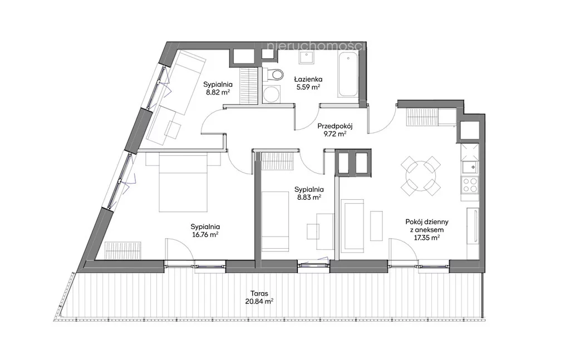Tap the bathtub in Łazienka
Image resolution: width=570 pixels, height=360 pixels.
[348, 74]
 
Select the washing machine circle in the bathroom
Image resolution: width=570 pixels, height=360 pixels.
[271, 95]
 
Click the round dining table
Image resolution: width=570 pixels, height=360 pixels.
[421, 176]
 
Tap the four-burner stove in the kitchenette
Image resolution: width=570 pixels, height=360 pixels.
[470, 185]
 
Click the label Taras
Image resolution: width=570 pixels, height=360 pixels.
[259, 294]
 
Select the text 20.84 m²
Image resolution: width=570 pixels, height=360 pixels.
[259, 302]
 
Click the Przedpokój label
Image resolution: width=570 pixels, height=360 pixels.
[335, 126]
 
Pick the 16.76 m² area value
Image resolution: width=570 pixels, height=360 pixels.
[205, 235]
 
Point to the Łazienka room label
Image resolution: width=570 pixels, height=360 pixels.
[308, 79]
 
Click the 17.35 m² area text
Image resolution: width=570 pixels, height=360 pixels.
[427, 238]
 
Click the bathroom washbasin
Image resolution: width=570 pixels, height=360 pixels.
[307, 57]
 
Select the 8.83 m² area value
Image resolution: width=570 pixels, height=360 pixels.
[309, 198]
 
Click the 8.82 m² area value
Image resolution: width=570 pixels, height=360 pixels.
[218, 92]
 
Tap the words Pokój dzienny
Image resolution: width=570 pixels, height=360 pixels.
[427, 221]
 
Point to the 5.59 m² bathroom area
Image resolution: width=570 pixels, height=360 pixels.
[308, 87]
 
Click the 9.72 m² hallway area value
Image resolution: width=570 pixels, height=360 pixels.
[335, 134]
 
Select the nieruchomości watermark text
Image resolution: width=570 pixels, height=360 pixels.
[316, 46]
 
